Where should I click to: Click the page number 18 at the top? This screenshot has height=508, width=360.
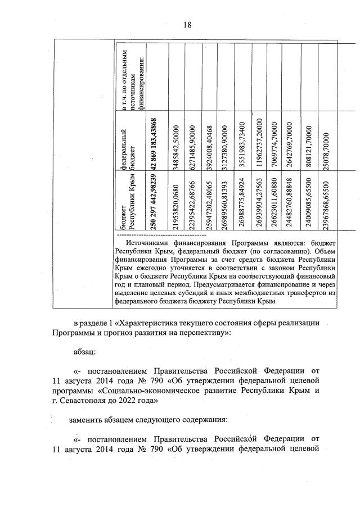click(187, 24)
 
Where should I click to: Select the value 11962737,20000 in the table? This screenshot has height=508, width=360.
click(258, 143)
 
